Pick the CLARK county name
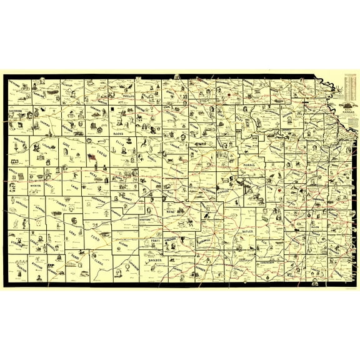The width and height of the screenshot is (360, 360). pos(97,261)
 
